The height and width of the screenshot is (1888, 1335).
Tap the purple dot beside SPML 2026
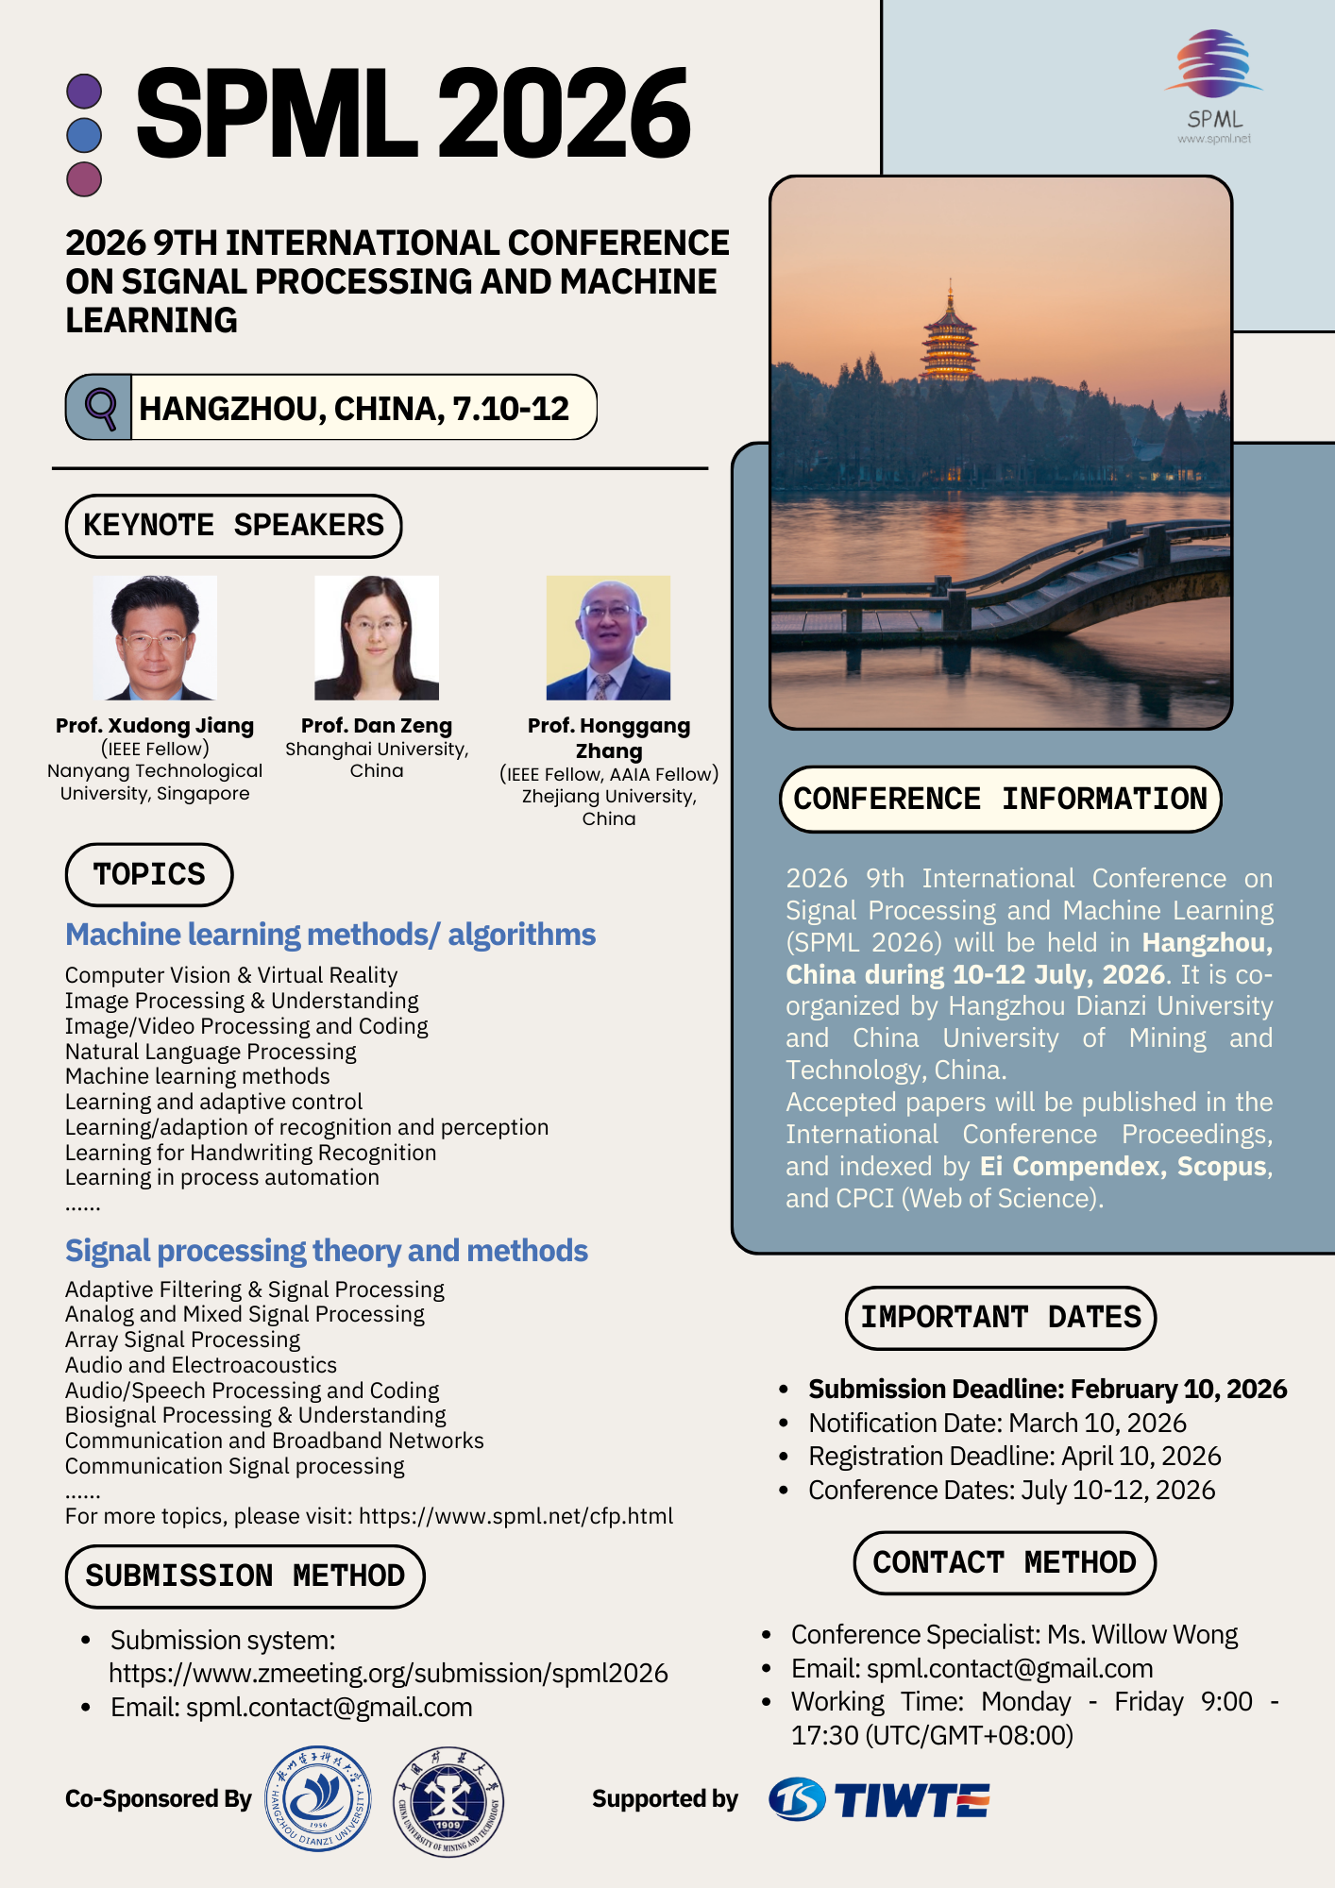click(x=85, y=92)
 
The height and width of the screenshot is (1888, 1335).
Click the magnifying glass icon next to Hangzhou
click(x=100, y=408)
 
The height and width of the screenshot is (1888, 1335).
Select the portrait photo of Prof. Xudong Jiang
click(x=156, y=638)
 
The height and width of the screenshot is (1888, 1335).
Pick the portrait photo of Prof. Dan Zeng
click(x=377, y=638)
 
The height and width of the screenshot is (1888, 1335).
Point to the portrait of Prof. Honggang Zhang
click(x=608, y=638)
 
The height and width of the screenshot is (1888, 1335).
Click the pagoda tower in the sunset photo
click(x=949, y=335)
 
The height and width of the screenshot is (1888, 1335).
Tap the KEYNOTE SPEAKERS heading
click(x=233, y=526)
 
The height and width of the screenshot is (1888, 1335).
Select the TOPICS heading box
click(x=149, y=874)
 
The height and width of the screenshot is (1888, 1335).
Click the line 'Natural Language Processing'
click(x=211, y=1052)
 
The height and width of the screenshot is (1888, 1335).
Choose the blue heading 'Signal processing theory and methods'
click(x=327, y=1251)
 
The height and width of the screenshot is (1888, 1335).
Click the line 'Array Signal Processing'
click(x=182, y=1340)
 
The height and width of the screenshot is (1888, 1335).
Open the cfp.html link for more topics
click(x=515, y=1516)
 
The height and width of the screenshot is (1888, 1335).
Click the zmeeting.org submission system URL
click(x=388, y=1674)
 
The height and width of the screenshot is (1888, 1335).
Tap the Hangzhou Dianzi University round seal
click(x=318, y=1798)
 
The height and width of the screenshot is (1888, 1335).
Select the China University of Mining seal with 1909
click(x=448, y=1801)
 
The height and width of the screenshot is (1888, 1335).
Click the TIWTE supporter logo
click(x=879, y=1799)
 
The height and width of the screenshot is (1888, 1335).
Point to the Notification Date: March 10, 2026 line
click(x=997, y=1423)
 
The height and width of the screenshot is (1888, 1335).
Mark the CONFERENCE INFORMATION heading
click(x=1000, y=800)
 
